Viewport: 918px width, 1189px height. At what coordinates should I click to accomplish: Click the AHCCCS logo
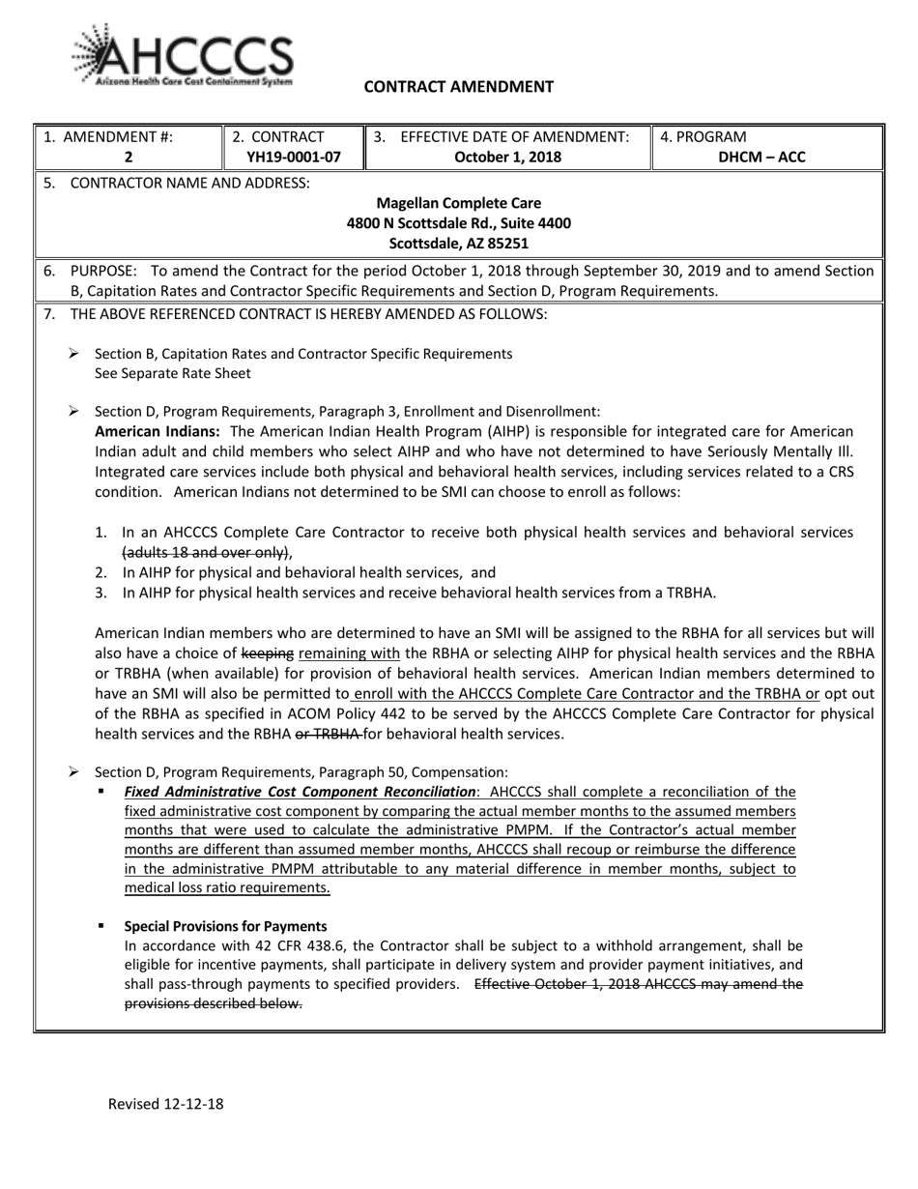pyautogui.click(x=182, y=56)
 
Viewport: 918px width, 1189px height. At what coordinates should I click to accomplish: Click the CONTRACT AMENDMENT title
pyautogui.click(x=458, y=87)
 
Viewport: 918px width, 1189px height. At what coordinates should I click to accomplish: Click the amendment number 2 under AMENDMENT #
pyautogui.click(x=129, y=157)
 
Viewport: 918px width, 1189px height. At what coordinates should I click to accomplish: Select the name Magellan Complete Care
pyautogui.click(x=458, y=203)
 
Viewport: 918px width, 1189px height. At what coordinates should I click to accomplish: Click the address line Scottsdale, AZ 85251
pyautogui.click(x=458, y=244)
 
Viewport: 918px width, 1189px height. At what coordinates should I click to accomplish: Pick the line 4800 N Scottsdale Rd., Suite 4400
pyautogui.click(x=458, y=223)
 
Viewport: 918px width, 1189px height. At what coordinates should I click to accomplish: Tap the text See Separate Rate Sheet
pyautogui.click(x=172, y=373)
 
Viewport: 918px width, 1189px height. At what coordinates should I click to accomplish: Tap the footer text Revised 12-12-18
pyautogui.click(x=165, y=1103)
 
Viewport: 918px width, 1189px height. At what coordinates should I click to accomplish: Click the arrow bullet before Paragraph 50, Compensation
pyautogui.click(x=73, y=771)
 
